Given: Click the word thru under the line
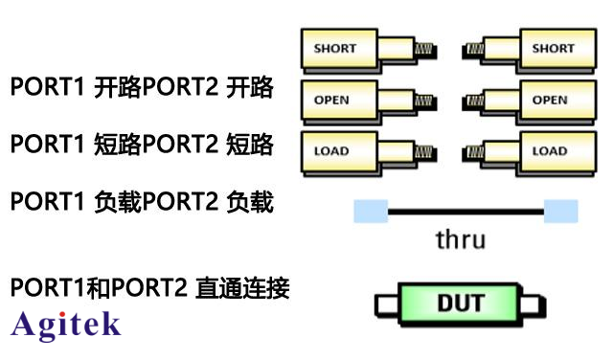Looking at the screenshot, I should coord(460,238).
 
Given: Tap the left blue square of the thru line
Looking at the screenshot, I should coord(370,211).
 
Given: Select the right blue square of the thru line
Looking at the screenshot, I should coord(561,211).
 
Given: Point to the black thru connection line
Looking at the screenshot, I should coord(465,211).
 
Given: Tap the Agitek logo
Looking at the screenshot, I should coord(65,325).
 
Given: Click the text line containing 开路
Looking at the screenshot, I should coord(142,90).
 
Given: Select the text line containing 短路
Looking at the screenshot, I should coord(142,146).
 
